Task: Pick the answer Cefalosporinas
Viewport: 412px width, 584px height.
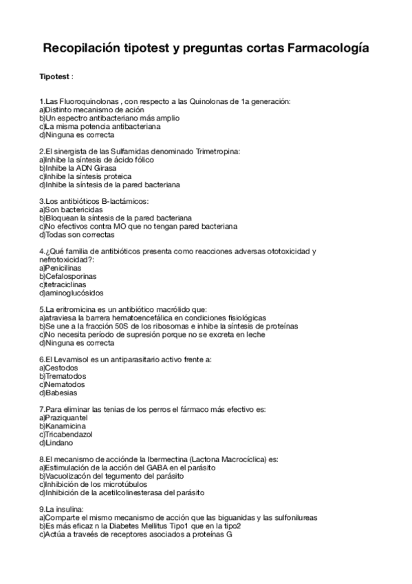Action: click(x=71, y=276)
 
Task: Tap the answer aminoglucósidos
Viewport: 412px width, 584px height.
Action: click(x=72, y=293)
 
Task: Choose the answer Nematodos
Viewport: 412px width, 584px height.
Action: click(x=65, y=385)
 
